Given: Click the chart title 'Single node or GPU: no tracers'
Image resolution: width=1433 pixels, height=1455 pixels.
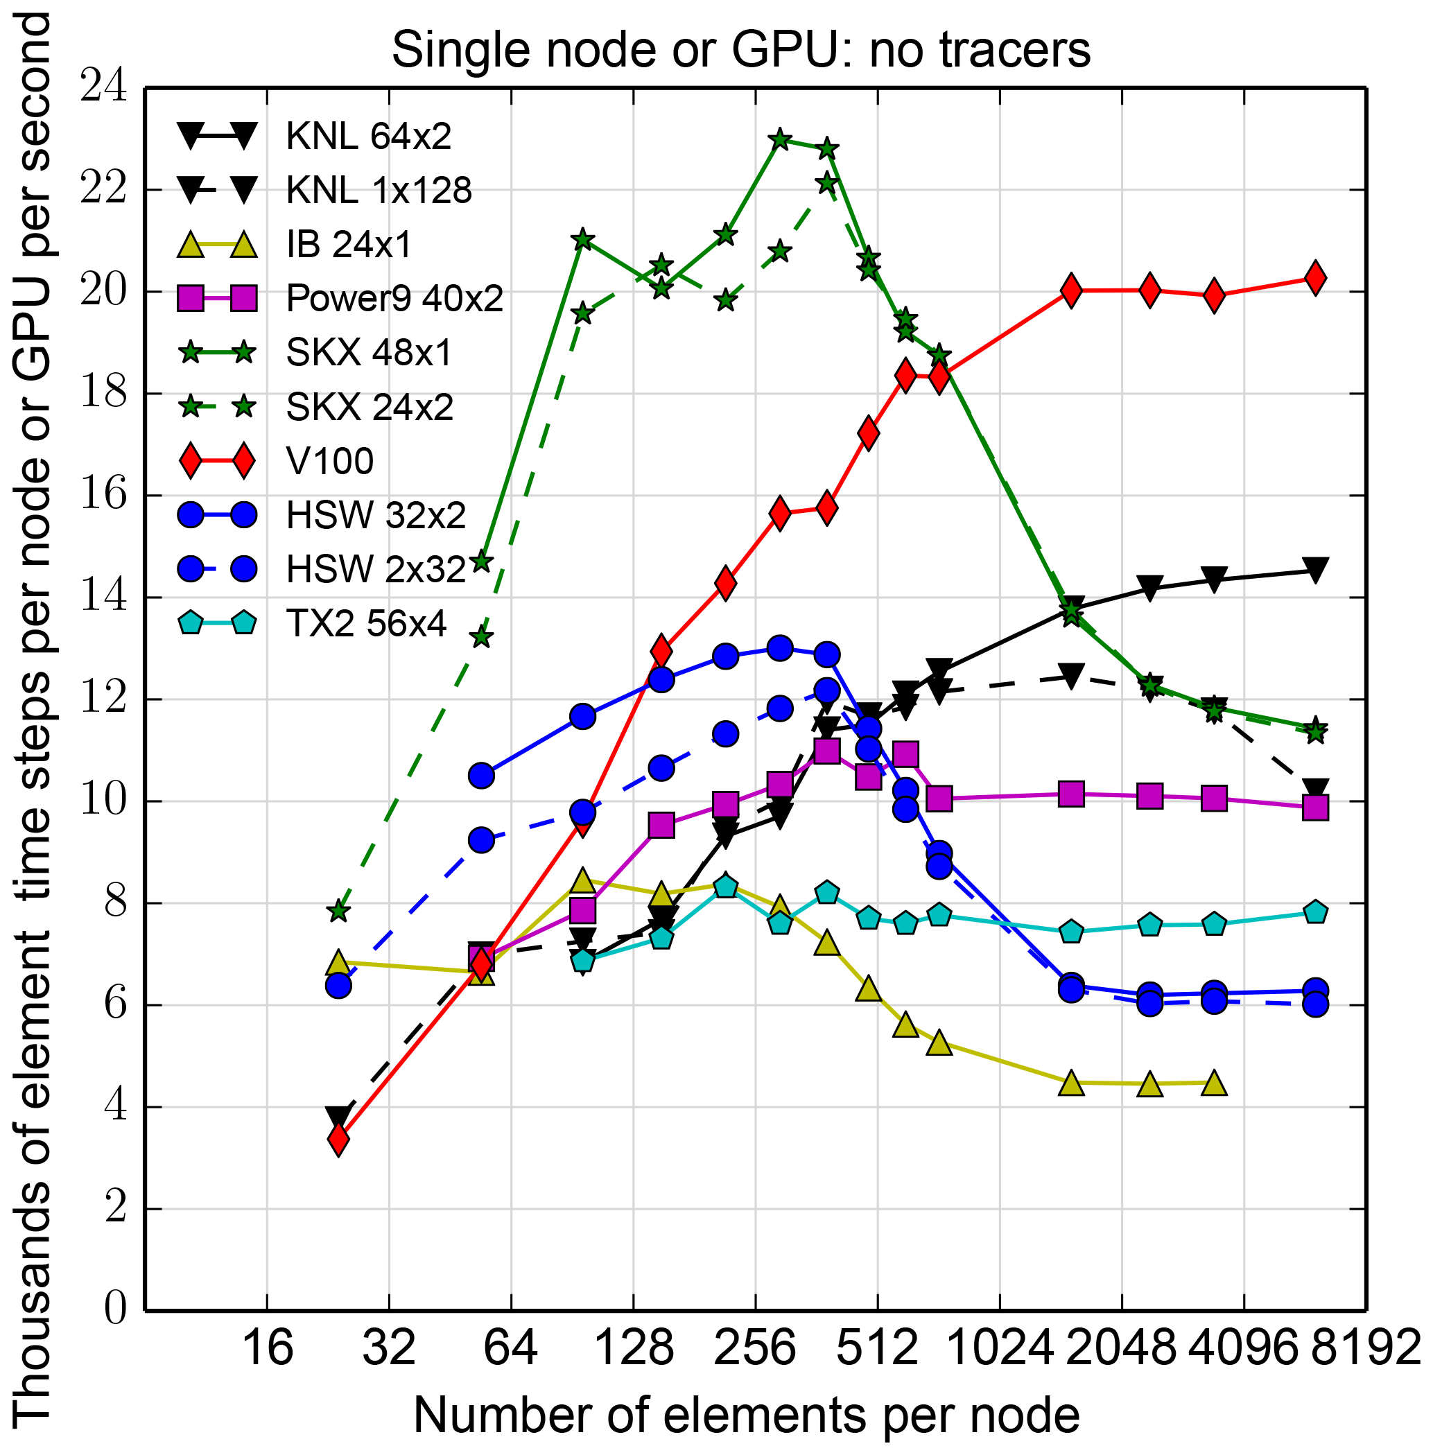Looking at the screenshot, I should coord(740,51).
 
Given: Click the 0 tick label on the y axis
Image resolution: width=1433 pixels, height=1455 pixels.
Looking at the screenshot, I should coord(114,1309).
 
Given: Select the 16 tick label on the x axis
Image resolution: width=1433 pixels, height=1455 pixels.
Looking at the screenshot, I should coord(267,1348).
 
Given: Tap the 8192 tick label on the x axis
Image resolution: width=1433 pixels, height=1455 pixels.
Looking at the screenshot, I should coord(1364,1348).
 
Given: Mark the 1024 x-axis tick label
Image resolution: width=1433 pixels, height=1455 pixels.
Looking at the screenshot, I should coord(999,1348).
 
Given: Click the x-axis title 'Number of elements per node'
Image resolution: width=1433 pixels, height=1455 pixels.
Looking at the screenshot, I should coord(746,1415).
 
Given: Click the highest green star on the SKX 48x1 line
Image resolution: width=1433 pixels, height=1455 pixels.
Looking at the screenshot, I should coord(780,139).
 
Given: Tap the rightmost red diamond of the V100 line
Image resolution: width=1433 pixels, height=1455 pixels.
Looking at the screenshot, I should coord(1315,278).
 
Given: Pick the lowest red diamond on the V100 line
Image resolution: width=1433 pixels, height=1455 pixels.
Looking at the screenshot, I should coord(339,1140).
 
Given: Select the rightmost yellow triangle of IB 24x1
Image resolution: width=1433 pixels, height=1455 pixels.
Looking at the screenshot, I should coord(1214,1083).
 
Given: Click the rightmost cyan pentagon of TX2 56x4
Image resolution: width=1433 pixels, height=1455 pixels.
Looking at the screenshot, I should coord(1315,912).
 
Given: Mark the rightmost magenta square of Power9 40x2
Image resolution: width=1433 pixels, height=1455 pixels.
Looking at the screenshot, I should coord(1315,808).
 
